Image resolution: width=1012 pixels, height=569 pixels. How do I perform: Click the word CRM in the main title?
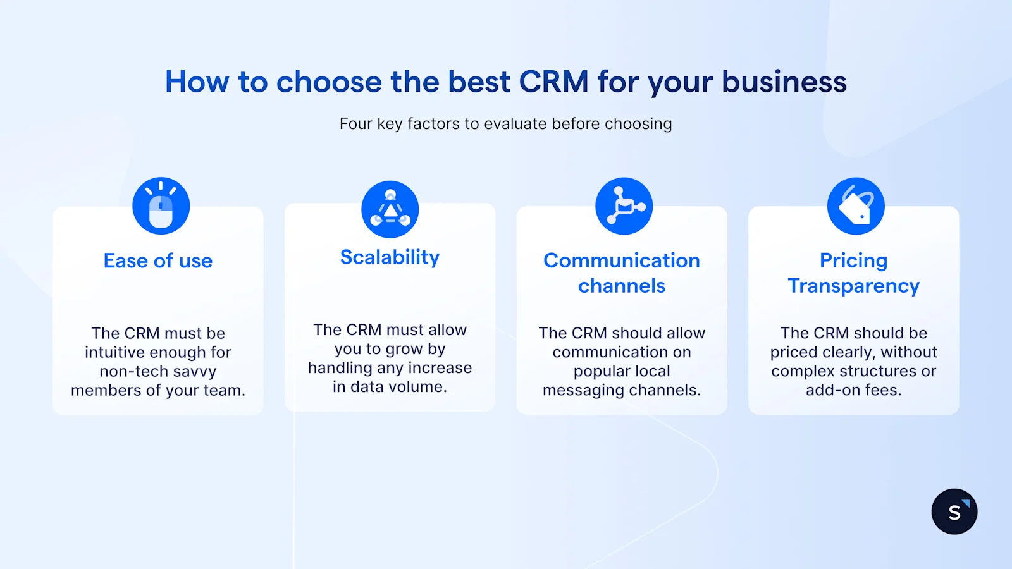point(553,82)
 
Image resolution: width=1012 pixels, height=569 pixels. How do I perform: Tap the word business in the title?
point(784,82)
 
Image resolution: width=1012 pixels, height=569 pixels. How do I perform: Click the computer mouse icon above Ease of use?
point(161,206)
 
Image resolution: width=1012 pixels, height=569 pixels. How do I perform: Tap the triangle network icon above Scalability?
point(390,210)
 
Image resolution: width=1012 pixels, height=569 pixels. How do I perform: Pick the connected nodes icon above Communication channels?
point(624,206)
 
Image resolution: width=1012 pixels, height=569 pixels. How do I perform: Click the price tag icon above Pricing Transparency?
point(856,206)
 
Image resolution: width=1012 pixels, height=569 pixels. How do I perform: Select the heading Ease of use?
point(158,260)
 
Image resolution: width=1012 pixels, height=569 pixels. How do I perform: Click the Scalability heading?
point(390,257)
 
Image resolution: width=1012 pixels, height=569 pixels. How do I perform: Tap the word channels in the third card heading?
point(622,286)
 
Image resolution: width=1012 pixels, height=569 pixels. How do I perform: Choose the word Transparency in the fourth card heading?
point(853,286)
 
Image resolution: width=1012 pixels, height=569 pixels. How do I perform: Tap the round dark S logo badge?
point(954,511)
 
